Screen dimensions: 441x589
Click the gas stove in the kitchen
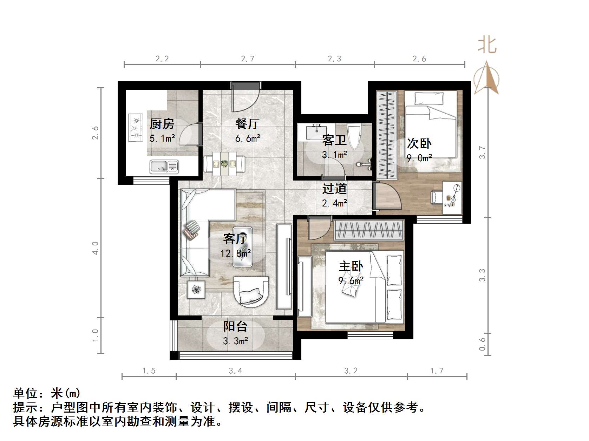(x=136, y=128)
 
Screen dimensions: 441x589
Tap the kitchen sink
(x=164, y=166)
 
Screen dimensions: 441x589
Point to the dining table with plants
(x=224, y=164)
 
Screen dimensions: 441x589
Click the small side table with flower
(x=196, y=289)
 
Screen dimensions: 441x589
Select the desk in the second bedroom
(x=452, y=197)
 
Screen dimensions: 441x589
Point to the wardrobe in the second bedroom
(x=387, y=135)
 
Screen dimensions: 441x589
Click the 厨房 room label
(x=162, y=124)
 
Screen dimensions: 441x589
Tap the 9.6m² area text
(x=351, y=280)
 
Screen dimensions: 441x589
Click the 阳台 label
(x=235, y=326)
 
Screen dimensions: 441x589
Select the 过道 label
(x=334, y=189)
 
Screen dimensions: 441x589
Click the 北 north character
(x=487, y=45)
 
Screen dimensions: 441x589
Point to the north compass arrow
(x=486, y=78)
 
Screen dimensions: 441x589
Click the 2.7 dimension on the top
(x=248, y=59)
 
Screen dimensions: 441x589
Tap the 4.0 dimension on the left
(x=95, y=248)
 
